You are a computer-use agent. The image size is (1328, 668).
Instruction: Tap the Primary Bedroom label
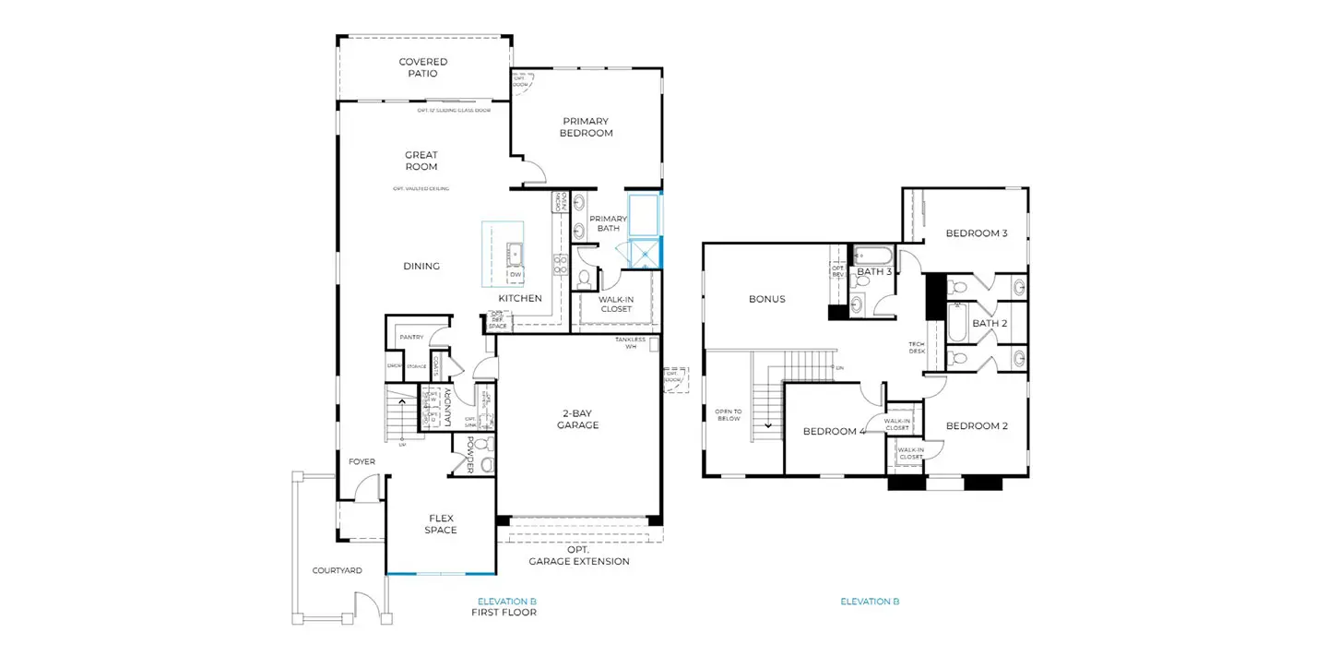tap(586, 127)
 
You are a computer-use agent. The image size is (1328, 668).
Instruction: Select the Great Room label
tap(421, 161)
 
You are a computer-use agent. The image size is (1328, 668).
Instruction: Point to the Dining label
tap(421, 267)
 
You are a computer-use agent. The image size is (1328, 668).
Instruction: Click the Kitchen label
tap(520, 299)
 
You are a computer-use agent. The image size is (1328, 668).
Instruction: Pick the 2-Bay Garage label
tap(578, 419)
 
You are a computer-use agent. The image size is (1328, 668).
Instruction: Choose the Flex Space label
tap(441, 524)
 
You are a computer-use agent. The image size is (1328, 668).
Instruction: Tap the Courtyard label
tap(337, 571)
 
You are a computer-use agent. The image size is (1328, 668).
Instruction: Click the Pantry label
tap(411, 338)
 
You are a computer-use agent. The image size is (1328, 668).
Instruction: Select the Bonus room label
tap(766, 299)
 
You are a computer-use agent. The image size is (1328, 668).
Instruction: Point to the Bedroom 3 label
tap(977, 233)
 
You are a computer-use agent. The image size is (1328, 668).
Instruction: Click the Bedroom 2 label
tap(977, 426)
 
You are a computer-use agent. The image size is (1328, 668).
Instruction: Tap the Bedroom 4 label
tap(833, 431)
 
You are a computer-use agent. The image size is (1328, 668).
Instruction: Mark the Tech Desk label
tap(917, 347)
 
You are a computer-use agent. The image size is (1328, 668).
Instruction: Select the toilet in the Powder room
tap(488, 464)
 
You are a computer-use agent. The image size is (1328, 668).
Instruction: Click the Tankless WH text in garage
tap(632, 342)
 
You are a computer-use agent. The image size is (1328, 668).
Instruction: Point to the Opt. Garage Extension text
tap(579, 555)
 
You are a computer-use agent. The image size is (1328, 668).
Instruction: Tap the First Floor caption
tap(504, 612)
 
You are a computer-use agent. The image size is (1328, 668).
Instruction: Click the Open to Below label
tap(728, 414)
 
